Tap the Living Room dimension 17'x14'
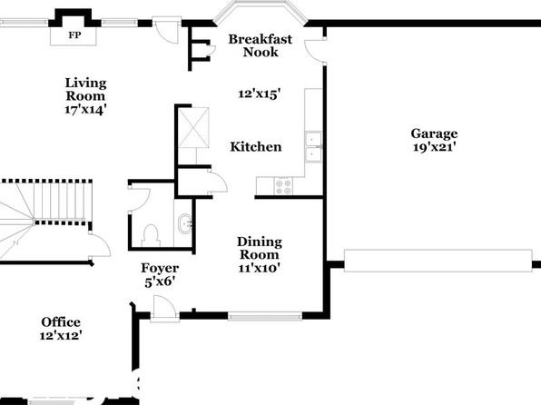click(x=85, y=110)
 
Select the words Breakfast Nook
click(x=261, y=45)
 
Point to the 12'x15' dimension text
click(x=260, y=94)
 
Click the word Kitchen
click(x=256, y=147)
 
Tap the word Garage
click(x=434, y=134)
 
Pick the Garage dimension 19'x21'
click(x=435, y=147)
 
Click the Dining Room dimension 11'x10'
click(x=259, y=268)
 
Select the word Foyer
click(x=160, y=268)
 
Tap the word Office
click(x=61, y=322)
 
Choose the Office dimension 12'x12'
click(x=61, y=335)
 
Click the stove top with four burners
click(x=283, y=186)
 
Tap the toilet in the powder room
click(x=151, y=235)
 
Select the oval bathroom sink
click(x=185, y=223)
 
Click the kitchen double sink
click(x=313, y=147)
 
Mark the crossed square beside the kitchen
click(x=193, y=128)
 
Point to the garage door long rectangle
click(x=438, y=261)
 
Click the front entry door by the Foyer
click(x=164, y=309)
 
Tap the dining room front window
click(x=265, y=316)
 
